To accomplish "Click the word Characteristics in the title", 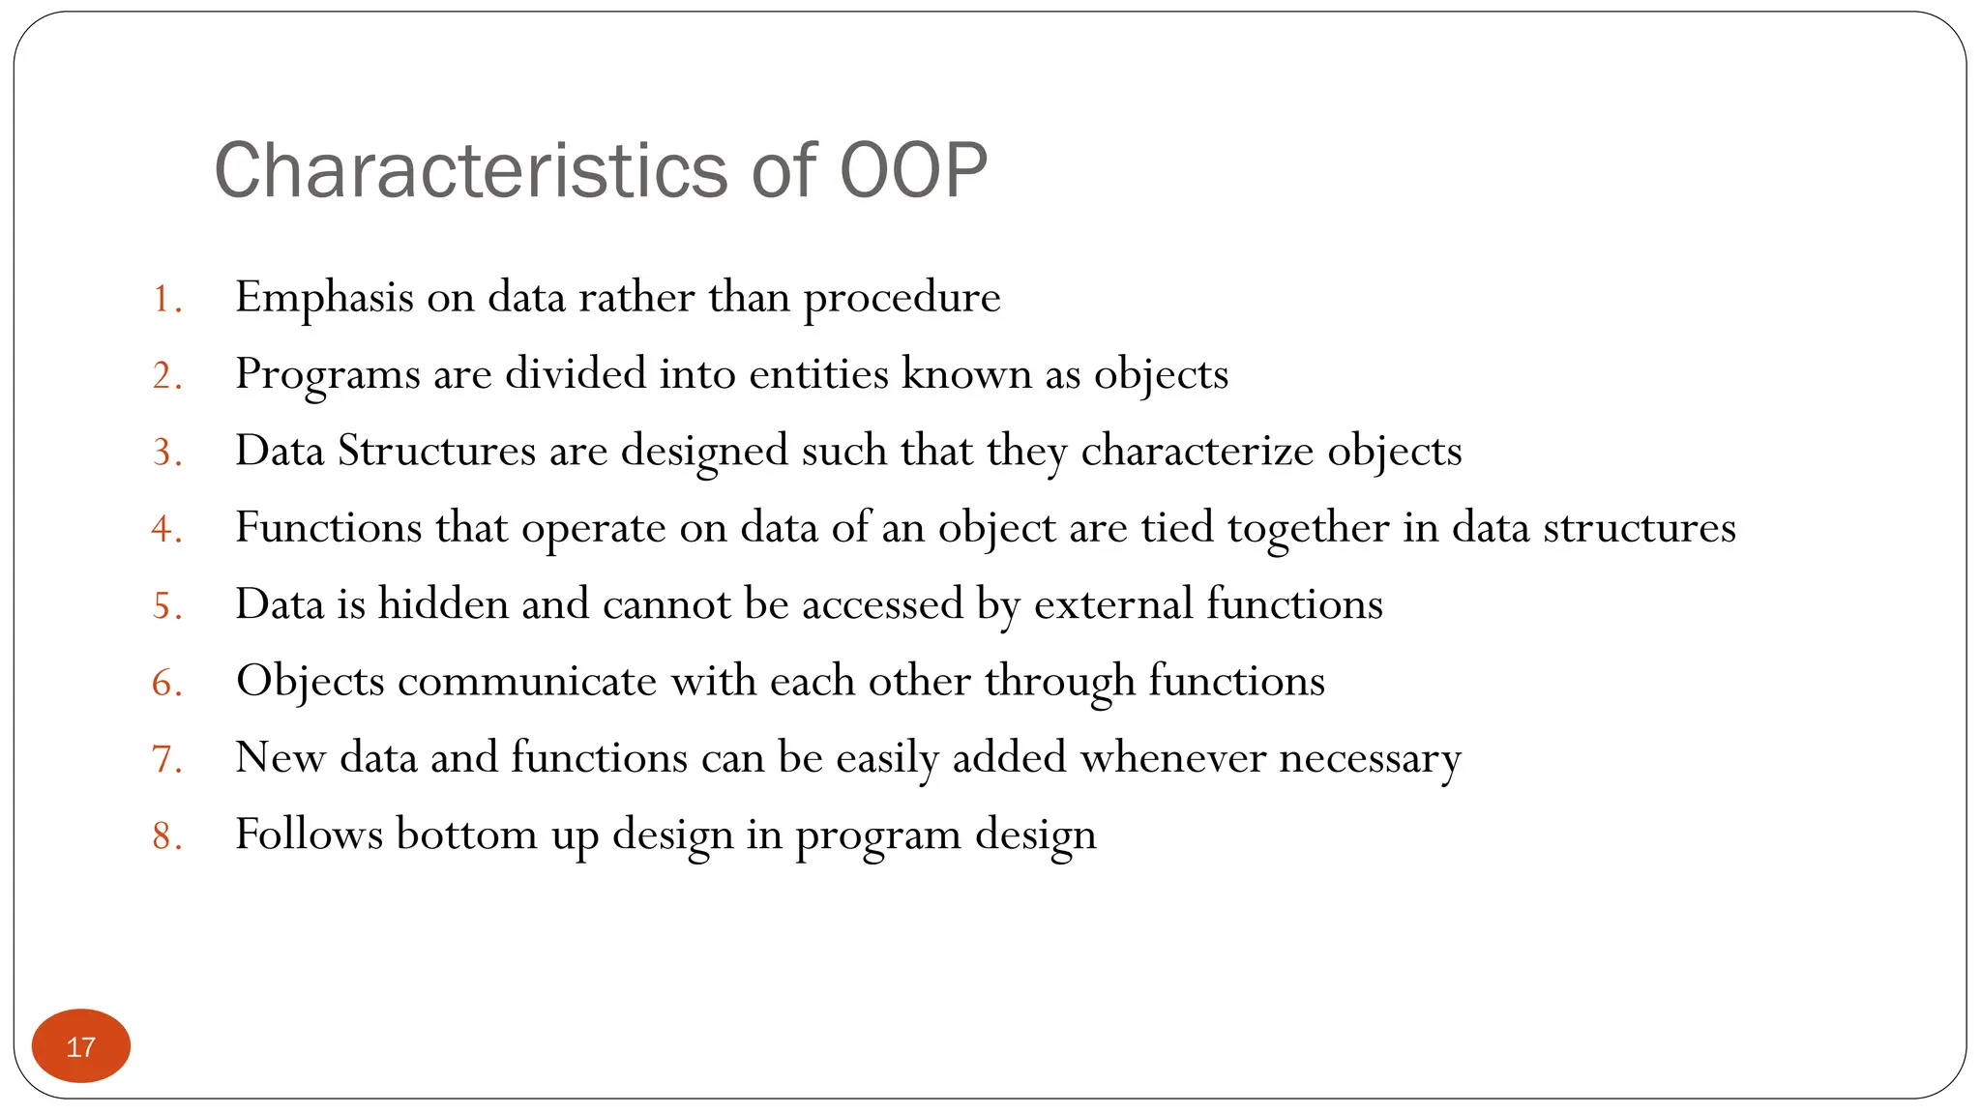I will pyautogui.click(x=469, y=171).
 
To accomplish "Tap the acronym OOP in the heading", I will pyautogui.click(x=913, y=171).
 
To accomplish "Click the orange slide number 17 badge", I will pyautogui.click(x=81, y=1046).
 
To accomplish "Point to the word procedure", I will pyautogui.click(x=902, y=298).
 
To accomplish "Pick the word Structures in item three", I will pyautogui.click(x=436, y=451).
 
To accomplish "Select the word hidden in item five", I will pyautogui.click(x=443, y=604).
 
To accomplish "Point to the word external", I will pyautogui.click(x=1113, y=604).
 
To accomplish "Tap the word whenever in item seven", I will pyautogui.click(x=1172, y=757).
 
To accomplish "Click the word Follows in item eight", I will pyautogui.click(x=309, y=834).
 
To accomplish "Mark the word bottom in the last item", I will pyautogui.click(x=466, y=834).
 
